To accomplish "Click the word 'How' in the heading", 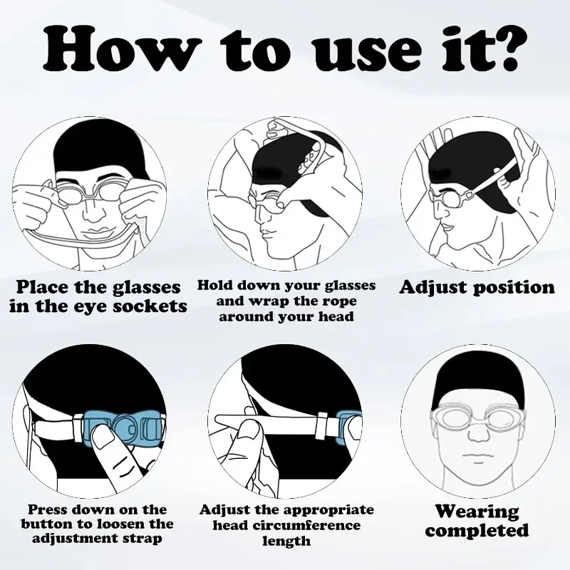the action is tap(122, 48).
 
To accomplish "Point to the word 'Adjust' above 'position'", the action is tap(432, 288).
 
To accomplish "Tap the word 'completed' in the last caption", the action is tap(477, 530).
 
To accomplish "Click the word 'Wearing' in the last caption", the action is tap(477, 512).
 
